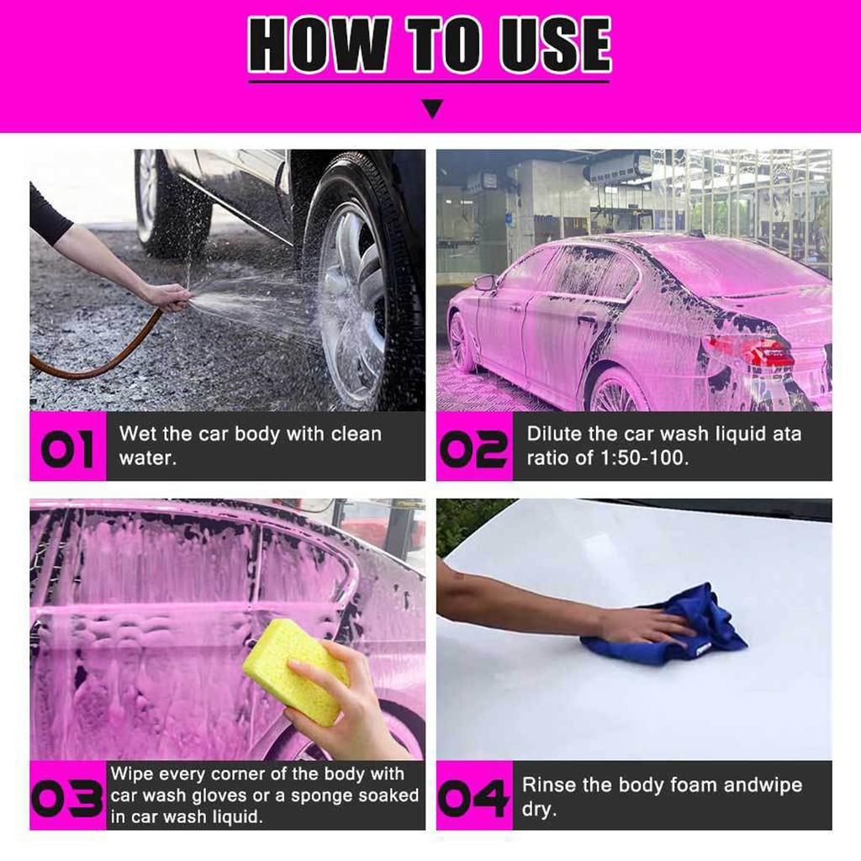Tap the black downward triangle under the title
[432, 108]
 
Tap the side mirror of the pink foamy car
[485, 283]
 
